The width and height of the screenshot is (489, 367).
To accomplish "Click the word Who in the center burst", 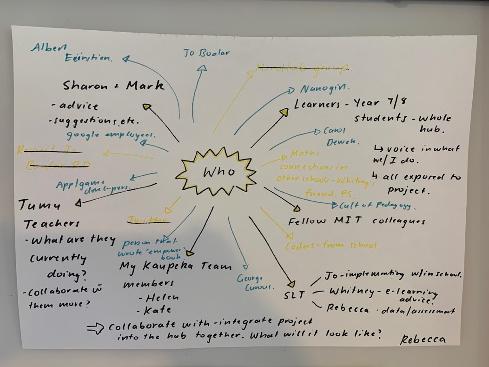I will [218, 172].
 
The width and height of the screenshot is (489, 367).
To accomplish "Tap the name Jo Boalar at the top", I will [206, 53].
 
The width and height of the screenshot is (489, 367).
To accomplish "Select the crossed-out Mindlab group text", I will [302, 68].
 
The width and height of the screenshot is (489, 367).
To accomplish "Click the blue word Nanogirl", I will [325, 88].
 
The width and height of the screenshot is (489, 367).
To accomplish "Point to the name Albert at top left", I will [49, 47].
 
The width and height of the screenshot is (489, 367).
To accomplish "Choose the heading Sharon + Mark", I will [113, 86].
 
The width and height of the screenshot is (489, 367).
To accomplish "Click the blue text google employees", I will [111, 134].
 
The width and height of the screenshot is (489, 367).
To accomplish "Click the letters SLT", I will [294, 295].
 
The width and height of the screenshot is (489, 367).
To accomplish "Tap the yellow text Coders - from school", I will [332, 245].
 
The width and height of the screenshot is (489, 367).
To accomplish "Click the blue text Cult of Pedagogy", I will [376, 205].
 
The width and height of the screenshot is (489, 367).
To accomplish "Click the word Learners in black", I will [317, 104].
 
